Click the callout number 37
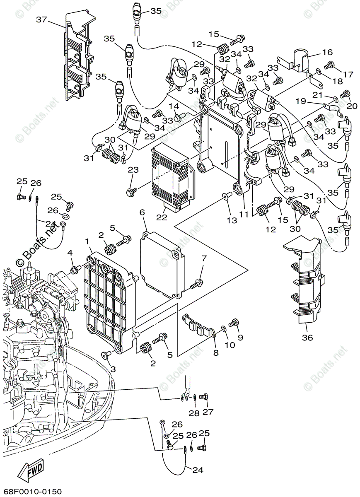tap(41, 19)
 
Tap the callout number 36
tap(307, 338)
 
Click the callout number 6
tap(142, 212)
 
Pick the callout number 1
tap(87, 241)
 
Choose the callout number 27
tap(208, 412)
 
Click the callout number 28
tap(194, 413)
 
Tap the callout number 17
tap(348, 75)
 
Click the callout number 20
tap(352, 106)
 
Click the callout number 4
tap(70, 252)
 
